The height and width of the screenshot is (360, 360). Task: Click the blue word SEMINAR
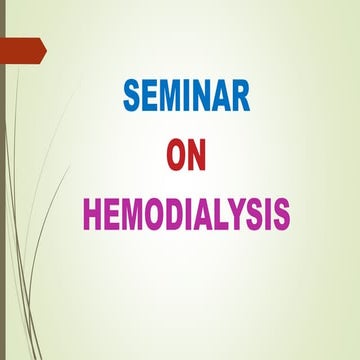pyautogui.click(x=188, y=99)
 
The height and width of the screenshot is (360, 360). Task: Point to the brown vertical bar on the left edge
pyautogui.click(x=3, y=200)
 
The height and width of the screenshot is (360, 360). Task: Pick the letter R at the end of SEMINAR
pyautogui.click(x=243, y=99)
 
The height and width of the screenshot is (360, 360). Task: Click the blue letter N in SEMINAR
pyautogui.click(x=204, y=99)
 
